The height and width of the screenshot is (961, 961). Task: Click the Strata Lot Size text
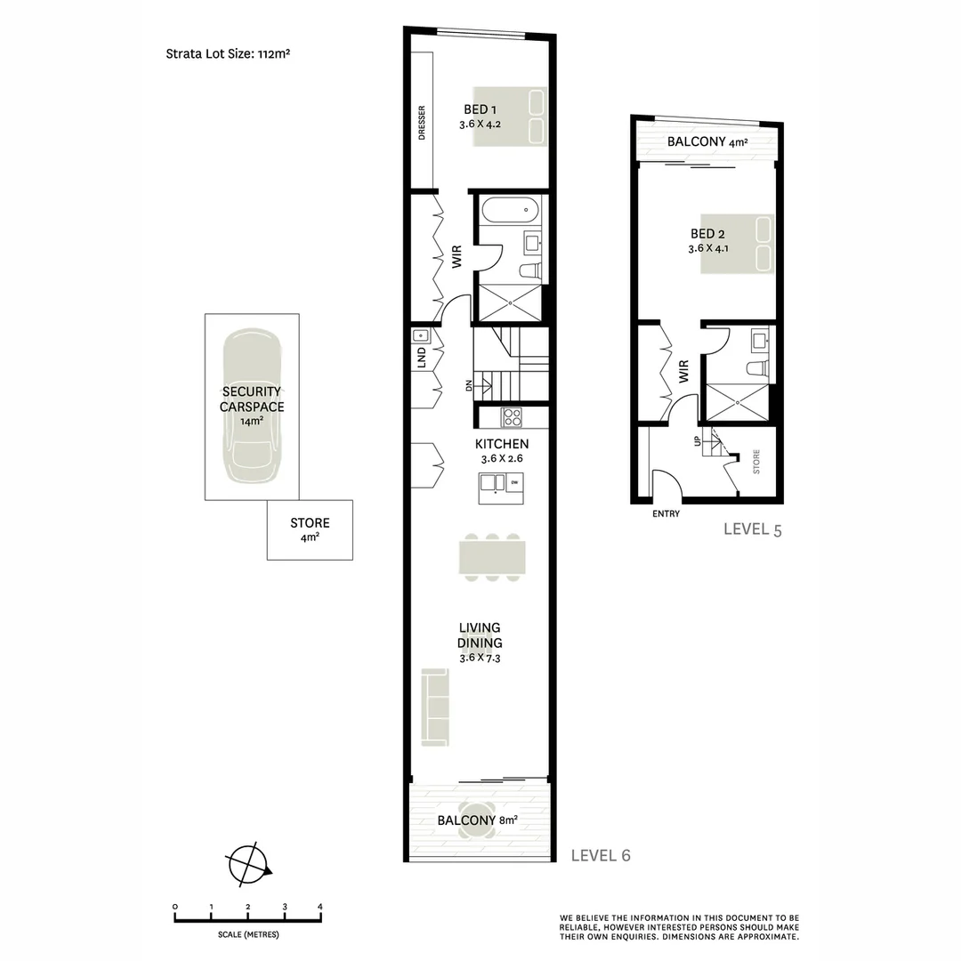pos(230,53)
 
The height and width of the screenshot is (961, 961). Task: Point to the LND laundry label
pos(422,358)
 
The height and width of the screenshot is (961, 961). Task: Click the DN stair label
pos(469,385)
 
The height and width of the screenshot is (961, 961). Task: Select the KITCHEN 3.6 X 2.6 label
pos(502,451)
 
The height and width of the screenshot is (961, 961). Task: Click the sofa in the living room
pos(435,707)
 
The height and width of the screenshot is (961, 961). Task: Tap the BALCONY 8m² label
pos(477,820)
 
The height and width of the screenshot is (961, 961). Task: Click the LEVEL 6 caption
pos(601,855)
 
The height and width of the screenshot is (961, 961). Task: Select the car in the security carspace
pos(252,406)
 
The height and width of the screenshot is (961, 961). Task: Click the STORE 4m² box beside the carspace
pos(310,529)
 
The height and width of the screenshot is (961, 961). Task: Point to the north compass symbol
pos(248,864)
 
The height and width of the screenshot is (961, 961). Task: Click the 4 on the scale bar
pos(319,907)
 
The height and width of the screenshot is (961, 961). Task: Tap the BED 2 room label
pos(708,241)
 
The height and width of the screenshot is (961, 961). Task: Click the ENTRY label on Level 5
pos(666,513)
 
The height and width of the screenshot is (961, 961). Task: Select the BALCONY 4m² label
pos(707,142)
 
